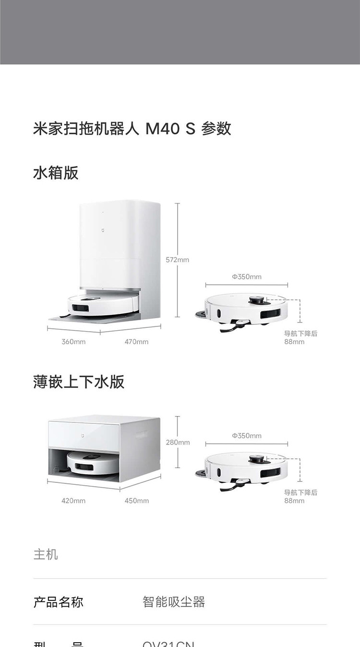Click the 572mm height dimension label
(178, 260)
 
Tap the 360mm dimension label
(73, 342)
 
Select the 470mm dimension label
(136, 342)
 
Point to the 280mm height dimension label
(178, 442)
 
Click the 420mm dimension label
(73, 501)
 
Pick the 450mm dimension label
(136, 501)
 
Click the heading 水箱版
(56, 172)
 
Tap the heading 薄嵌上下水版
(79, 382)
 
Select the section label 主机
(46, 554)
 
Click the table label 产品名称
(58, 602)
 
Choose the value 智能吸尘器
(174, 602)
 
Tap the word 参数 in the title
(216, 129)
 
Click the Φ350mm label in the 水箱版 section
(247, 277)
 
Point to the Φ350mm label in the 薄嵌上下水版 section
(247, 436)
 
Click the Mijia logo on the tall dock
(102, 230)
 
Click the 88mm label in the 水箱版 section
(294, 342)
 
